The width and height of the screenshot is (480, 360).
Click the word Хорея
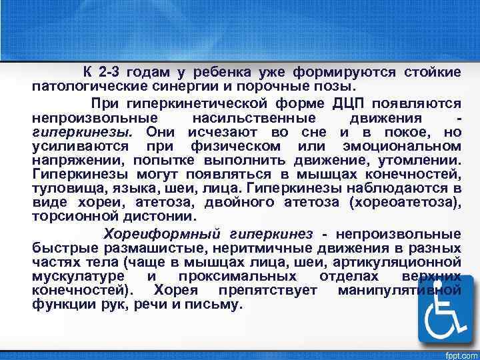point(177,291)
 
